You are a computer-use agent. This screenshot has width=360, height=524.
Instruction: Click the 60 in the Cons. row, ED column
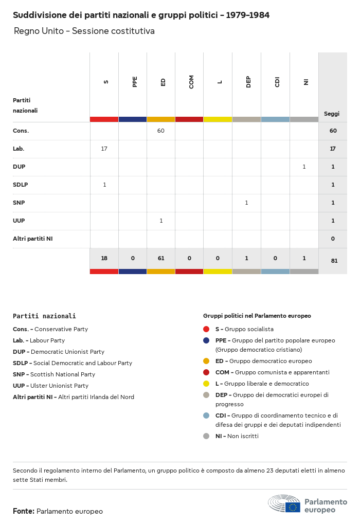tap(161, 131)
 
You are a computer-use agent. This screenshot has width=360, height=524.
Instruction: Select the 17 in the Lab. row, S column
tap(104, 149)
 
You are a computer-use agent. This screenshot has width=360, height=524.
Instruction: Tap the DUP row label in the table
tap(19, 167)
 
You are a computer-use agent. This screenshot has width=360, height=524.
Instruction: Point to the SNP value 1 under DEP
tap(246, 203)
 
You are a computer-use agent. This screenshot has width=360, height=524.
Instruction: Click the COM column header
tap(191, 82)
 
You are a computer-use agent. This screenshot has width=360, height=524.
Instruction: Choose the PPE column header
tap(135, 82)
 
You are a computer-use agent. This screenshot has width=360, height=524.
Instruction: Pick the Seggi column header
tap(332, 114)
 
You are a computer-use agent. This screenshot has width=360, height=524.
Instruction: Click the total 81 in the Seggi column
tap(334, 261)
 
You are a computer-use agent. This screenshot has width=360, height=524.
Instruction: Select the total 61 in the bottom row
tap(161, 258)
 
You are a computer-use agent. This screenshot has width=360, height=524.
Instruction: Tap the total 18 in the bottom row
tap(104, 258)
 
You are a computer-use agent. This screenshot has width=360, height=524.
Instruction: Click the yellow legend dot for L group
tap(206, 384)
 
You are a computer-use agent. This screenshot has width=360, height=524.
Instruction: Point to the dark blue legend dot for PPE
tap(206, 340)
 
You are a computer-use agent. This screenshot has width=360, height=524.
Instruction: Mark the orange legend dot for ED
tap(206, 361)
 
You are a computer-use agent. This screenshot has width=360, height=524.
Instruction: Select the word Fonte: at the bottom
tap(24, 511)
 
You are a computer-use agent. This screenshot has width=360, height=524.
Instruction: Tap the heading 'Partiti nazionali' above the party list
tap(44, 316)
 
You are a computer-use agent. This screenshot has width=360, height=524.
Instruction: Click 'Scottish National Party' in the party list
tap(63, 374)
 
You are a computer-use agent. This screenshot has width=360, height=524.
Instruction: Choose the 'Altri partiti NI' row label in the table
tap(32, 239)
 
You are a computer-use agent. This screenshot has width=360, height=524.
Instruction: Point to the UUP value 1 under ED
tap(161, 221)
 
